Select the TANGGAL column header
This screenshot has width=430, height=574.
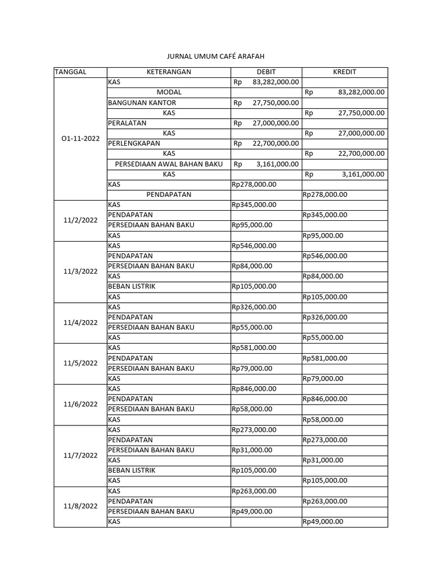pos(71,72)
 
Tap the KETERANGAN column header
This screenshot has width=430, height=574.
pos(169,72)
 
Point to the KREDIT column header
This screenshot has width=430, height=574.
pos(344,72)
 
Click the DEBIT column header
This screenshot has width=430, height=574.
pos(266,72)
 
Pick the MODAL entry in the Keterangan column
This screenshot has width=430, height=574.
pos(169,92)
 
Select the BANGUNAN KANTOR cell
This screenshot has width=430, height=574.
pos(142,103)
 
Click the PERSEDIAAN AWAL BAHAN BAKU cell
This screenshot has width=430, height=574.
pos(169,164)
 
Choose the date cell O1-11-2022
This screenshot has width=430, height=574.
pos(80,138)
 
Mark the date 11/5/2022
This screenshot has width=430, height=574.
pos(80,363)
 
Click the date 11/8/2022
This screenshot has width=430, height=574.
pos(80,506)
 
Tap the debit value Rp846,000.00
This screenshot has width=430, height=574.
pos(254,388)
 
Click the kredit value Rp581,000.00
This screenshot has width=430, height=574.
pos(325,358)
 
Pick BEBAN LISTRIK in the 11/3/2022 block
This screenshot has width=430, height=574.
pos(132,286)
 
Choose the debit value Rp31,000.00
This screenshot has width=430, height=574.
pos(252,450)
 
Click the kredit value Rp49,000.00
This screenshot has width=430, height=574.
pos(322,522)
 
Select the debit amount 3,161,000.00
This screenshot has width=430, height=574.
pos(277,164)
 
